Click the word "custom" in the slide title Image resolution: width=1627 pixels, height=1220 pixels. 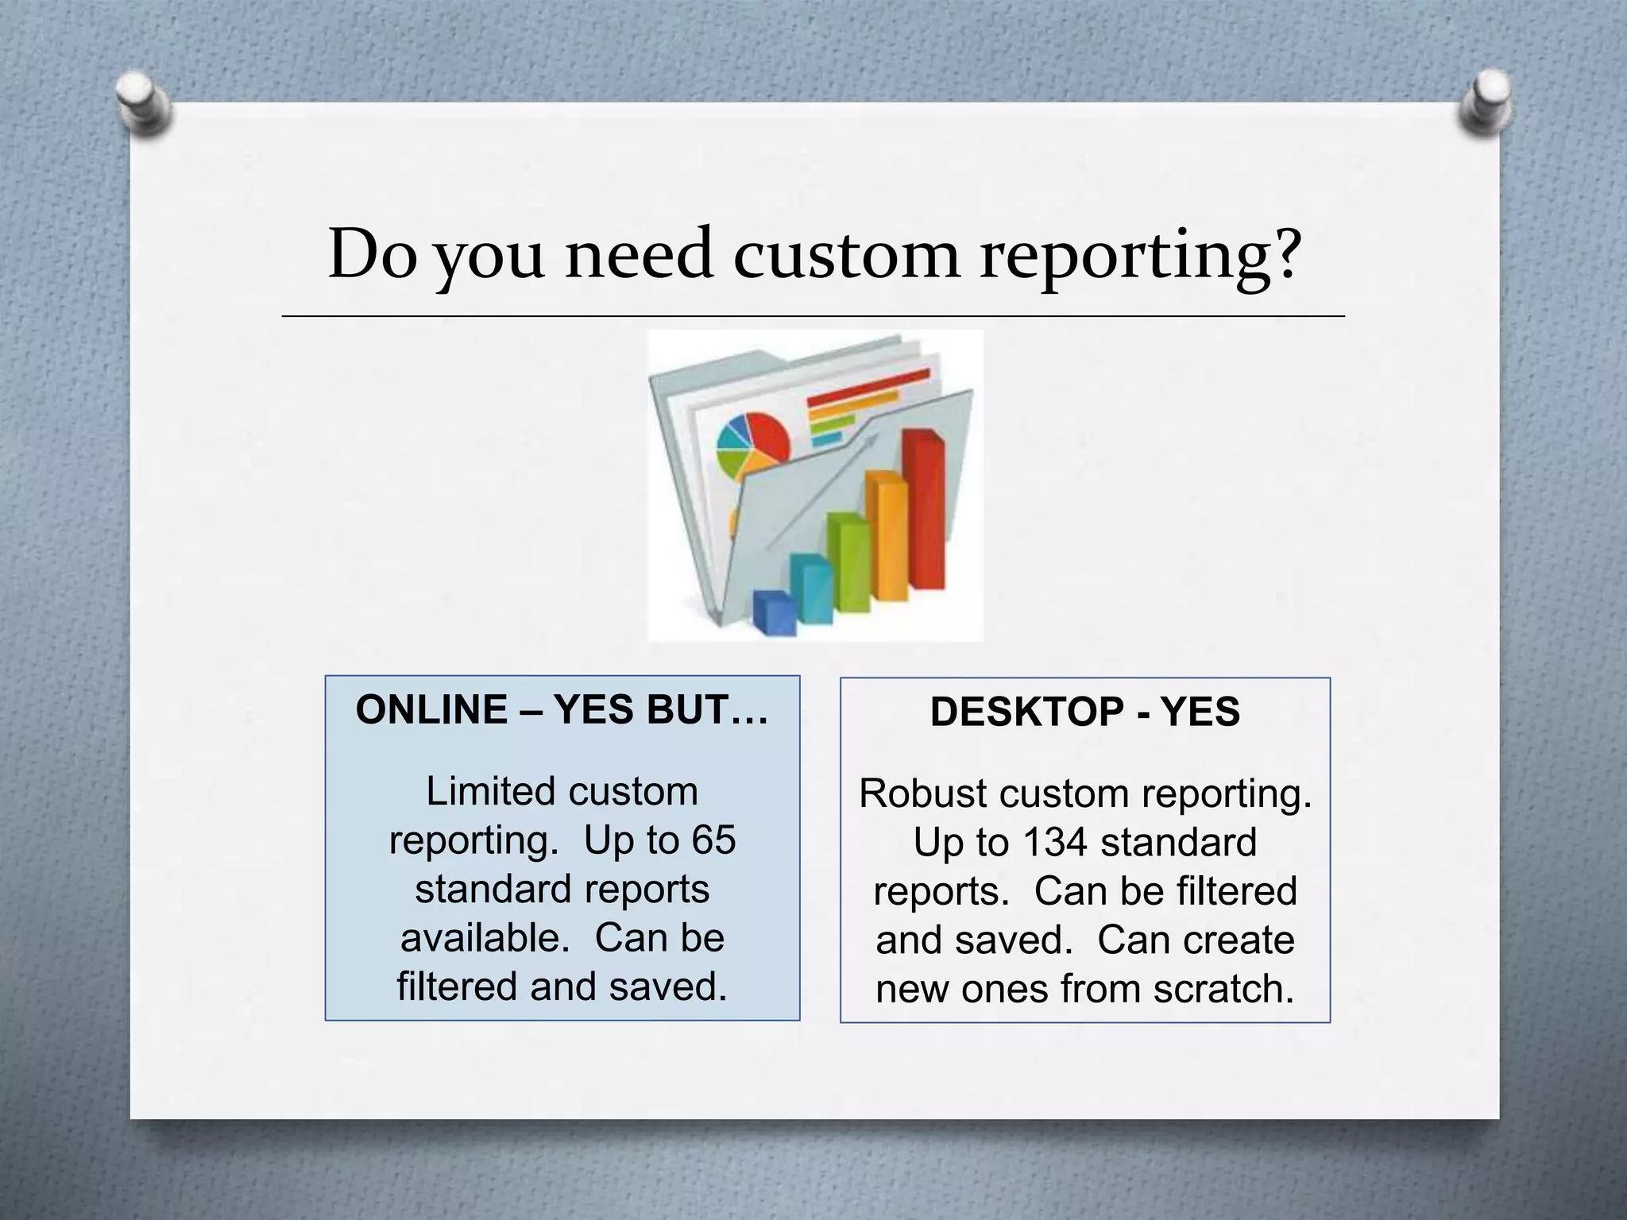[845, 256]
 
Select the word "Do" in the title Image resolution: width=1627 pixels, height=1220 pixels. [372, 254]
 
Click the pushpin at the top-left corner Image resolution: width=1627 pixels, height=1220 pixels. [142, 103]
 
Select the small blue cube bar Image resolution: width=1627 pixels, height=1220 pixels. [774, 612]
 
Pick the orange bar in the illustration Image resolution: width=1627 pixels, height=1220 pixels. [887, 535]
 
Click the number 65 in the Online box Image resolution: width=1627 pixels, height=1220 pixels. [713, 840]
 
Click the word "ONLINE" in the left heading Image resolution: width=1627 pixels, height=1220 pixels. [431, 710]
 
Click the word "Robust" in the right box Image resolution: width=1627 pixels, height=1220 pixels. [922, 794]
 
